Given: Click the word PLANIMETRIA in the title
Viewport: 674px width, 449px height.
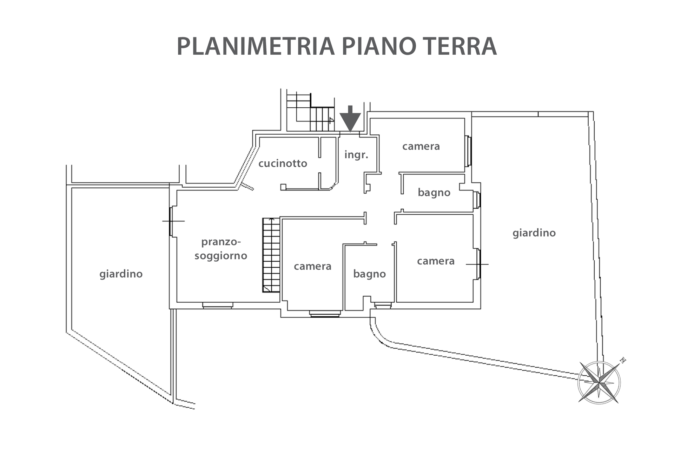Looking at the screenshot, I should tap(255, 46).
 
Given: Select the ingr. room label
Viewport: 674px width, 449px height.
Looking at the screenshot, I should tap(356, 154).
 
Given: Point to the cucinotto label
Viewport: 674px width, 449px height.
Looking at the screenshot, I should tap(283, 163).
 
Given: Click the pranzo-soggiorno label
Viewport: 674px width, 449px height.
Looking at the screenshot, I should tap(221, 249).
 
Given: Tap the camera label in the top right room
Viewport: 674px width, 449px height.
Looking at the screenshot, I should tap(421, 146).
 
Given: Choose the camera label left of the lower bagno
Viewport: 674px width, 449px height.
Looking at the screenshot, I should tap(312, 266).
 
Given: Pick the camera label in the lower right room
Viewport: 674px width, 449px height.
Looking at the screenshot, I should tap(436, 261).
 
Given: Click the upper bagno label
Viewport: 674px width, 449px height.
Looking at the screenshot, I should tap(434, 193).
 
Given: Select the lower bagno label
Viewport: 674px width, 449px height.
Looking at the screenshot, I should tap(369, 274).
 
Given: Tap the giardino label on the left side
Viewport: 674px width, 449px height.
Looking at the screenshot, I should tap(121, 274).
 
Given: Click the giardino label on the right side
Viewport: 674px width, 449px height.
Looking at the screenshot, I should tap(534, 233).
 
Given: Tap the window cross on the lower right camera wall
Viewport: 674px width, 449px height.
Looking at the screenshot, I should tap(477, 264).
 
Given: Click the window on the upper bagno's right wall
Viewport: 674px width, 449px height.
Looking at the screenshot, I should tap(476, 200).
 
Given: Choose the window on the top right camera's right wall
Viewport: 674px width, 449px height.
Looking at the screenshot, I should tap(468, 151).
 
